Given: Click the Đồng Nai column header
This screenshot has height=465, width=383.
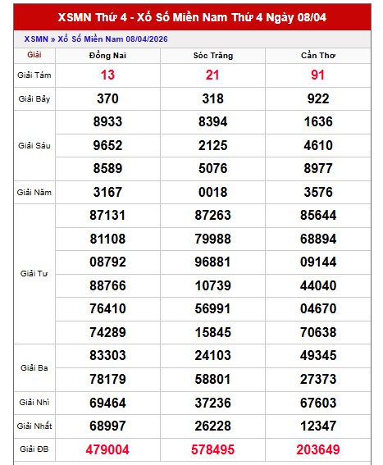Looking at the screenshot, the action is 107,55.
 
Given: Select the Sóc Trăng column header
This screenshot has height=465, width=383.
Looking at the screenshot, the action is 212,55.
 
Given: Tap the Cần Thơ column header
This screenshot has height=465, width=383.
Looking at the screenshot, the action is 317,55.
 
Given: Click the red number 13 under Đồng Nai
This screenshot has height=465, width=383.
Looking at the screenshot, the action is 107,75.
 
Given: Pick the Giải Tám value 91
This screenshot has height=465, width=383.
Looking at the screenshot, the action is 317,75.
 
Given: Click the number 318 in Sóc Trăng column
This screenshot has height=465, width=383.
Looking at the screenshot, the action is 212,98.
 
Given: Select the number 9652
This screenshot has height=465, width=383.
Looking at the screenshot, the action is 107,145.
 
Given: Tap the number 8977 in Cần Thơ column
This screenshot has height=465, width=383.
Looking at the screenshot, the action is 317,168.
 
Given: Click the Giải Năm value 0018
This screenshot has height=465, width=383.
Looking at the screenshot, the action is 212,192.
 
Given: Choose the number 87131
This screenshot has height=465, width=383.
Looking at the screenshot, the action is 107,215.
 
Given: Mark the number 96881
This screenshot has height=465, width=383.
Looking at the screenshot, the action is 212,262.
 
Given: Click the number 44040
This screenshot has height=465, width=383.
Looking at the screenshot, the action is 317,285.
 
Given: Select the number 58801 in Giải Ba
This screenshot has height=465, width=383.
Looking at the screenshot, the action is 212,379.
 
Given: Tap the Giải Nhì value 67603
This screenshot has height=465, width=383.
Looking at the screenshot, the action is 317,403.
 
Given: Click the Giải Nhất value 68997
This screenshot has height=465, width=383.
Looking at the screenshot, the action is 107,426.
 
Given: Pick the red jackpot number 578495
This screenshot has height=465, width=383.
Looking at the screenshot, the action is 212,450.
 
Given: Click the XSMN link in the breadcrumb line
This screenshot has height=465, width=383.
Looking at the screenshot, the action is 35,39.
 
